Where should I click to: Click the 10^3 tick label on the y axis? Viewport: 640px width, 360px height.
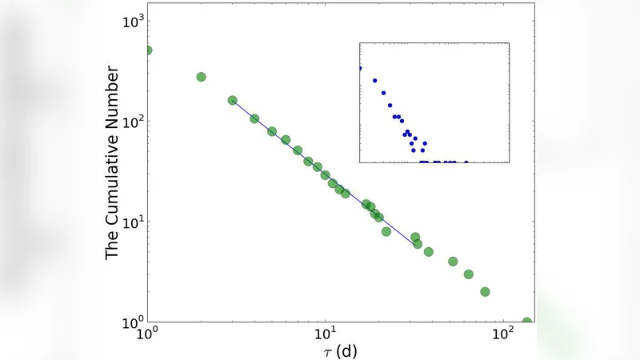(x=130, y=21)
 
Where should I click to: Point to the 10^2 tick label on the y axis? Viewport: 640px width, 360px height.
(x=130, y=122)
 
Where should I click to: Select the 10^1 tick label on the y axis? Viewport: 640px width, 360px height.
(x=130, y=222)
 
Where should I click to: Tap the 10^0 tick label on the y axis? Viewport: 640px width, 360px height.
(x=130, y=322)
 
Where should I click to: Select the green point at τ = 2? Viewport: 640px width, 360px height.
(x=201, y=77)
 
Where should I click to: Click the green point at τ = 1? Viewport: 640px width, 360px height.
(x=147, y=50)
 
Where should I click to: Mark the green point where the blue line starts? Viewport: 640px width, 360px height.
(x=233, y=101)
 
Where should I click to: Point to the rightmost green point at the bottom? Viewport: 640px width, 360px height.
(x=527, y=322)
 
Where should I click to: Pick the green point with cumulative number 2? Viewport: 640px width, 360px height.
(x=485, y=292)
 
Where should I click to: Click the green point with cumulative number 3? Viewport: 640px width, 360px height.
(x=469, y=274)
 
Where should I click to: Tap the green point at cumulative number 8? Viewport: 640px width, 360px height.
(x=386, y=232)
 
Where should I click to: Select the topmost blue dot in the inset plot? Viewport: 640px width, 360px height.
(x=360, y=68)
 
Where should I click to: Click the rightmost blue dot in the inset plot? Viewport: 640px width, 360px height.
(x=466, y=162)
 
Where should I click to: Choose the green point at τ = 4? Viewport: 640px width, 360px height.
(x=254, y=118)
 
